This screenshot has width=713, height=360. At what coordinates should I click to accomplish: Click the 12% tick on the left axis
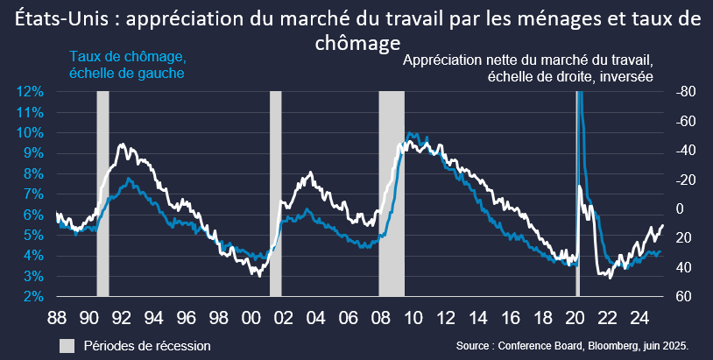pyautogui.click(x=32, y=91)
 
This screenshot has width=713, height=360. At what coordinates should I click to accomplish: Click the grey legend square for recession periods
pyautogui.click(x=67, y=346)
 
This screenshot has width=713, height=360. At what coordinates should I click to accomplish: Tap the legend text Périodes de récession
pyautogui.click(x=147, y=346)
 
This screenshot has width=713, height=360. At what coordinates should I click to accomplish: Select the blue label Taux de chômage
pyautogui.click(x=127, y=58)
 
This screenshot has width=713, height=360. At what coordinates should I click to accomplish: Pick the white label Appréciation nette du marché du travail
pyautogui.click(x=528, y=60)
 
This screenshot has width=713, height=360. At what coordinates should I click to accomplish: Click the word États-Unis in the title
pyautogui.click(x=58, y=20)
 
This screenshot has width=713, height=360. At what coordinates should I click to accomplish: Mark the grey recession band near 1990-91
pyautogui.click(x=102, y=193)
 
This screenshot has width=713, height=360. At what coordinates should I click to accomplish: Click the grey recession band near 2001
pyautogui.click(x=275, y=193)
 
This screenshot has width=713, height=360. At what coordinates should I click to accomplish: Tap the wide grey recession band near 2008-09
pyautogui.click(x=391, y=193)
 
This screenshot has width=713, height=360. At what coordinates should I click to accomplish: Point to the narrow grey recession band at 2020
pyautogui.click(x=577, y=193)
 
